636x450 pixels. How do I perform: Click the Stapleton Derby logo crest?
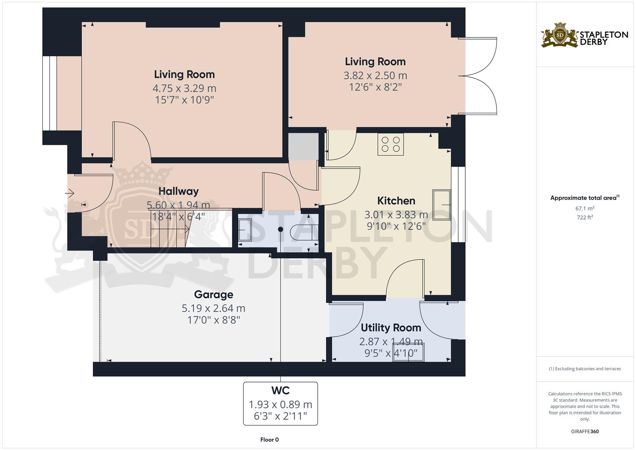(560, 35)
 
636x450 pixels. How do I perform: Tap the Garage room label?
(213, 295)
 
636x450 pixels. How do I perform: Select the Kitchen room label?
(396, 201)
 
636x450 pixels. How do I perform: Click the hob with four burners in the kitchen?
(390, 144)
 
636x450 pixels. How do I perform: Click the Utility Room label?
(391, 328)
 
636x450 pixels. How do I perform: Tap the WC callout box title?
(280, 391)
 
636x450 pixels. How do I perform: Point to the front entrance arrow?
(70, 193)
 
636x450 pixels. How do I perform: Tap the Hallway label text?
(178, 191)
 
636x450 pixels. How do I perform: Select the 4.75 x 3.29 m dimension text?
(184, 88)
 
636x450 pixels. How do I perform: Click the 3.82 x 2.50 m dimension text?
(375, 75)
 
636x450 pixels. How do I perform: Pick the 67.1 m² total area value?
(585, 208)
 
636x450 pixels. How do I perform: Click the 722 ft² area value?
(585, 217)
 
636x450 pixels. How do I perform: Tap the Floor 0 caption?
(269, 440)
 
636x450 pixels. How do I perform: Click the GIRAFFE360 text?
(585, 431)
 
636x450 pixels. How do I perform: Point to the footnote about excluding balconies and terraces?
(585, 369)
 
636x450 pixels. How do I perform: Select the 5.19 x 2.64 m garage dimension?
(213, 308)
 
